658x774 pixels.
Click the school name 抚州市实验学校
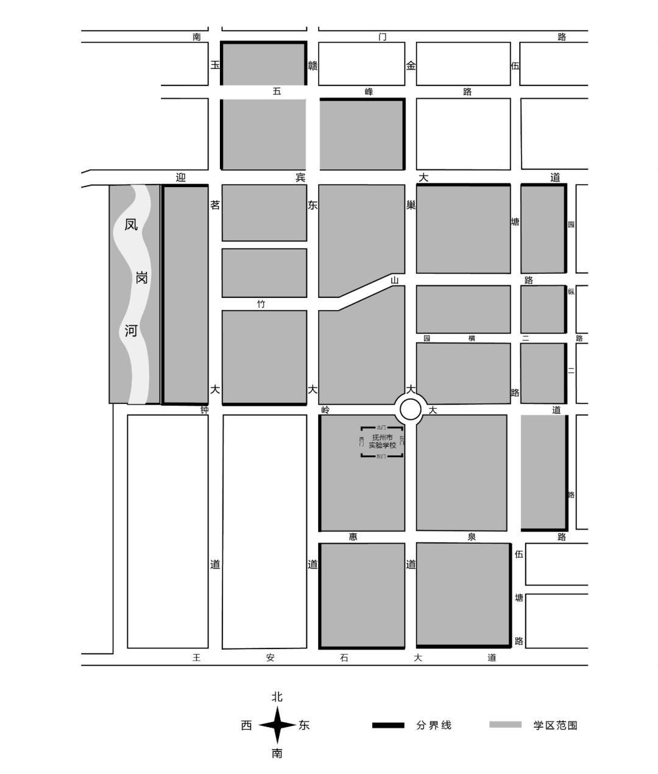click(382, 441)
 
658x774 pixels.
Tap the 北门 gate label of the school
click(382, 428)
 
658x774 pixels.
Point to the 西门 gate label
click(361, 441)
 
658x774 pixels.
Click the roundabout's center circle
click(411, 410)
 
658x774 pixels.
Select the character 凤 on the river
click(131, 224)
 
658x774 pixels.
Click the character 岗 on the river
click(141, 278)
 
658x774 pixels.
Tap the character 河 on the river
click(131, 331)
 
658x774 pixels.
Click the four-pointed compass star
click(277, 725)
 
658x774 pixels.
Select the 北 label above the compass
click(277, 697)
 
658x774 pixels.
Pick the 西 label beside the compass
click(246, 725)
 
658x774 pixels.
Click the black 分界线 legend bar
click(388, 725)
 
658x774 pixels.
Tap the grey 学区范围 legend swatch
click(505, 725)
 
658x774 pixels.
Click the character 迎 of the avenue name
click(180, 177)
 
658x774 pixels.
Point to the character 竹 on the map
click(261, 304)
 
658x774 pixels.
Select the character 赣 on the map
click(313, 65)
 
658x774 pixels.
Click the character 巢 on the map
click(411, 205)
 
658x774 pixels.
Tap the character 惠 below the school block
click(353, 537)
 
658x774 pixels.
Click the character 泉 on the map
click(472, 537)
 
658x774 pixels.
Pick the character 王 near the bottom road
click(196, 658)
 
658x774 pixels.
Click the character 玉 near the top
click(214, 65)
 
